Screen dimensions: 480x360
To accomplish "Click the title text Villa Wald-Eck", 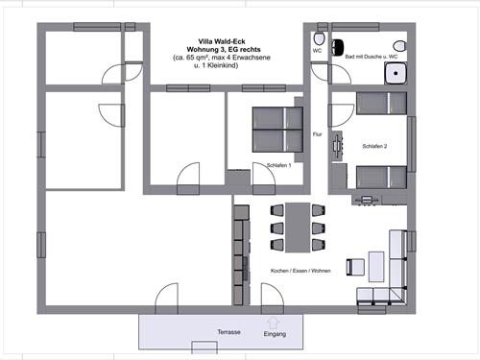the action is [222, 41].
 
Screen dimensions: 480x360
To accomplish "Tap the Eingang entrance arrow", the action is [273, 324].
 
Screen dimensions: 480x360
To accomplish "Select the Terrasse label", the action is [228, 332].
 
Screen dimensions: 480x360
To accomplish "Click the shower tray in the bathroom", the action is [396, 73].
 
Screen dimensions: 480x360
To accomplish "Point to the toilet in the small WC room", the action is [319, 38].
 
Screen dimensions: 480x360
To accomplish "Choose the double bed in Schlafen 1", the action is [277, 130].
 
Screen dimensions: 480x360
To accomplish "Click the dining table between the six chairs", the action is [298, 228].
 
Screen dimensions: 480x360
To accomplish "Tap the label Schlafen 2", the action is [374, 146].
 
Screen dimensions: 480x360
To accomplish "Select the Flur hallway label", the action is [317, 134].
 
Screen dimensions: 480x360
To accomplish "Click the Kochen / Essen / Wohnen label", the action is [300, 271].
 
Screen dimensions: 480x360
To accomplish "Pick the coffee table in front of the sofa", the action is [376, 267].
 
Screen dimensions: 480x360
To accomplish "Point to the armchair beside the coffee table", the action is [355, 267].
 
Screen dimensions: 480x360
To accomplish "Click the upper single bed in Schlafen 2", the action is [381, 104].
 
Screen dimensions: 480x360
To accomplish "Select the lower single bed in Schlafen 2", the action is [381, 177].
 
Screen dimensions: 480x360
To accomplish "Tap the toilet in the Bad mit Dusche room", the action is [399, 46].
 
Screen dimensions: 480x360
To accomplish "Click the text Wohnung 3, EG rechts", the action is [224, 50].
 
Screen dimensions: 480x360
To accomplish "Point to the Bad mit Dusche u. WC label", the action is [372, 57].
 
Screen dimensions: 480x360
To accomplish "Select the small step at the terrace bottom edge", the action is [204, 347].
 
